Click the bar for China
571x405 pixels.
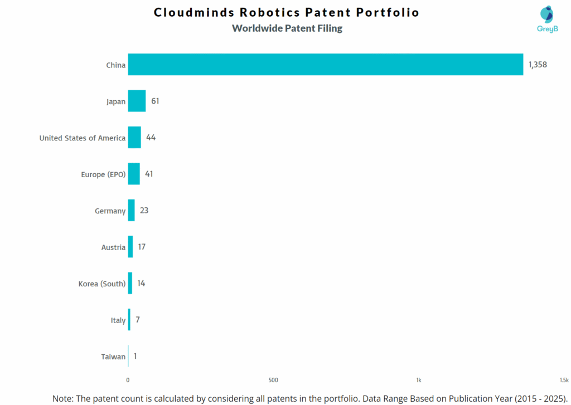pos(325,65)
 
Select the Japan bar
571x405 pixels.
pos(137,101)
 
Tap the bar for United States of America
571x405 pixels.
pos(134,138)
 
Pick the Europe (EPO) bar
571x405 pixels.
pos(134,174)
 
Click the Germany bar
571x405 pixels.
pos(131,211)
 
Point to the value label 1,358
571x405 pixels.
pos(538,65)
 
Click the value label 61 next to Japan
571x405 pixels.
pos(155,101)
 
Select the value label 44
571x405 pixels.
pos(151,138)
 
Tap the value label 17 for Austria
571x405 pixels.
pos(142,247)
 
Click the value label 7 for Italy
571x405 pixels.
pos(137,320)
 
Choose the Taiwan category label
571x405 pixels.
pos(113,357)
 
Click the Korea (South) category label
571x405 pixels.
pos(102,284)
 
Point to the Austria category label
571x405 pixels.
pos(113,247)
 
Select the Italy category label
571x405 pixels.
pos(118,320)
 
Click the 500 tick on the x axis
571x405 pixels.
pos(273,380)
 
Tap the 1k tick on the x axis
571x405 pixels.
pos(419,380)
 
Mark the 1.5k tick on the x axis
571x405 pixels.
pos(564,380)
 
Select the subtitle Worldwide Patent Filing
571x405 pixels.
pos(287,28)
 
